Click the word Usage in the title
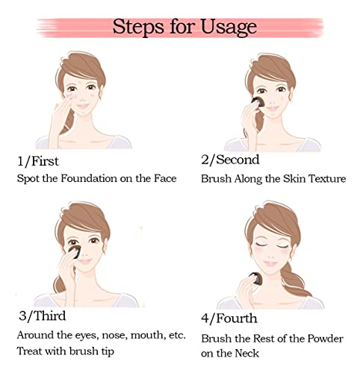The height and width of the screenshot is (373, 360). [229, 27]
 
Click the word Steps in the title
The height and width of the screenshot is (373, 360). [138, 27]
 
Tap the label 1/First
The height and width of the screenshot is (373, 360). [38, 161]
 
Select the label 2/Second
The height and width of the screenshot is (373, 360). [230, 160]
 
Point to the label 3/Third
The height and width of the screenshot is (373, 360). [43, 316]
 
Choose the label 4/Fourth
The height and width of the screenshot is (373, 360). [229, 319]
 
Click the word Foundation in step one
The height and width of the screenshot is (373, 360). [89, 178]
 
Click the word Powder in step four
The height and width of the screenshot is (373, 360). [325, 339]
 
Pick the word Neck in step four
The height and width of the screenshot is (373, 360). [247, 354]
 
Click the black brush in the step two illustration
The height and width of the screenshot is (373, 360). [258, 102]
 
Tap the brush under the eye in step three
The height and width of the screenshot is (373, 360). [75, 251]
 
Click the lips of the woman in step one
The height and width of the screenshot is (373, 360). [83, 106]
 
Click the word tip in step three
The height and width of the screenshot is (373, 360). [108, 351]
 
